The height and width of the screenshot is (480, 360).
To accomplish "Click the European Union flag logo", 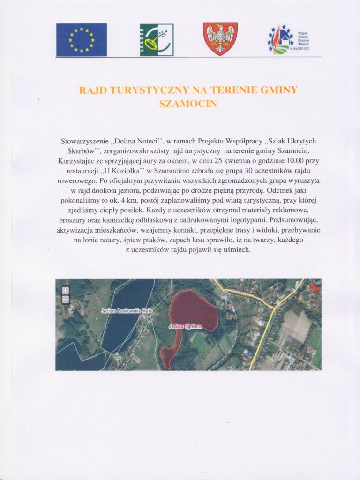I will (x=82, y=39).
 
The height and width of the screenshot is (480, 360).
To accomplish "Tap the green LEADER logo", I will (x=157, y=40).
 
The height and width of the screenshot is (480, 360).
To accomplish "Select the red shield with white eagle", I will (x=220, y=39).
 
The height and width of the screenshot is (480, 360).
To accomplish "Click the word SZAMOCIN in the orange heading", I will (x=188, y=104).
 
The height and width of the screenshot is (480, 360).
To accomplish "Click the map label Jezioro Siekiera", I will (x=184, y=326).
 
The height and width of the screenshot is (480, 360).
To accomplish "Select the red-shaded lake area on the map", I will (x=195, y=309).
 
